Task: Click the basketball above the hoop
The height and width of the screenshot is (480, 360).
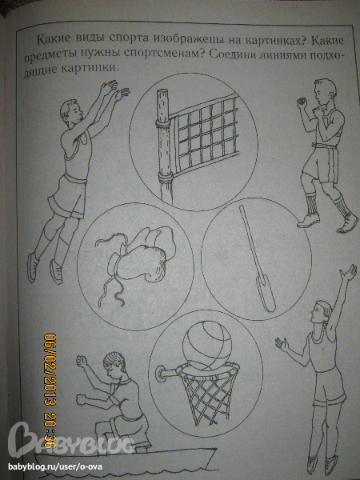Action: pos(207,343)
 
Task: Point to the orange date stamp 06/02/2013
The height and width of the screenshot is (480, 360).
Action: pos(50,370)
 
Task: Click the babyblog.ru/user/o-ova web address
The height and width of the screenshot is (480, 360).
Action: pos(55,467)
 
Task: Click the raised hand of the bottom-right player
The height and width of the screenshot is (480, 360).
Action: pos(349,274)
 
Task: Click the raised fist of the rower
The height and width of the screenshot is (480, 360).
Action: pos(82,362)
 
